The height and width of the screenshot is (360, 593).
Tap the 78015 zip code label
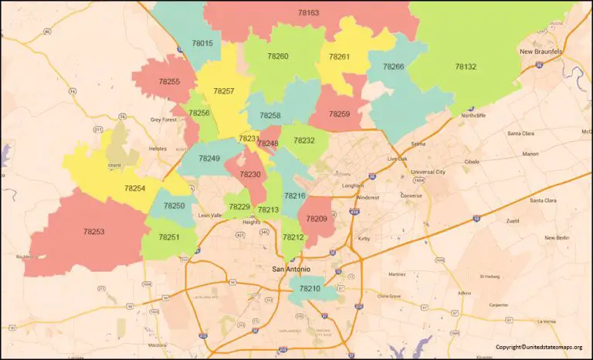(x=202, y=43)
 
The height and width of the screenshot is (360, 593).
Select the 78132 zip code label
(x=466, y=67)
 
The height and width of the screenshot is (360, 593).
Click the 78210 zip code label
(x=309, y=288)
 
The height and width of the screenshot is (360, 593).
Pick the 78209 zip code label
(x=317, y=219)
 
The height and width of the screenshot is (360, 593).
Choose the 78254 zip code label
(x=134, y=188)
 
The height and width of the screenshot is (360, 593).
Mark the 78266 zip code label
(x=393, y=67)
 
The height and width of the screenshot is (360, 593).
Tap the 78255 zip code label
(x=169, y=81)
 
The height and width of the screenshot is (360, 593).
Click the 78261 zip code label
(x=339, y=56)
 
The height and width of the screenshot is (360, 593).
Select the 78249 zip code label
(x=209, y=158)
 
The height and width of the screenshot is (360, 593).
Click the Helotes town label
(x=158, y=148)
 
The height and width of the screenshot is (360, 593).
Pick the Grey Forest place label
(x=164, y=120)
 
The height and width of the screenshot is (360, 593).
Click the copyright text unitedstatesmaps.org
(x=539, y=347)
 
